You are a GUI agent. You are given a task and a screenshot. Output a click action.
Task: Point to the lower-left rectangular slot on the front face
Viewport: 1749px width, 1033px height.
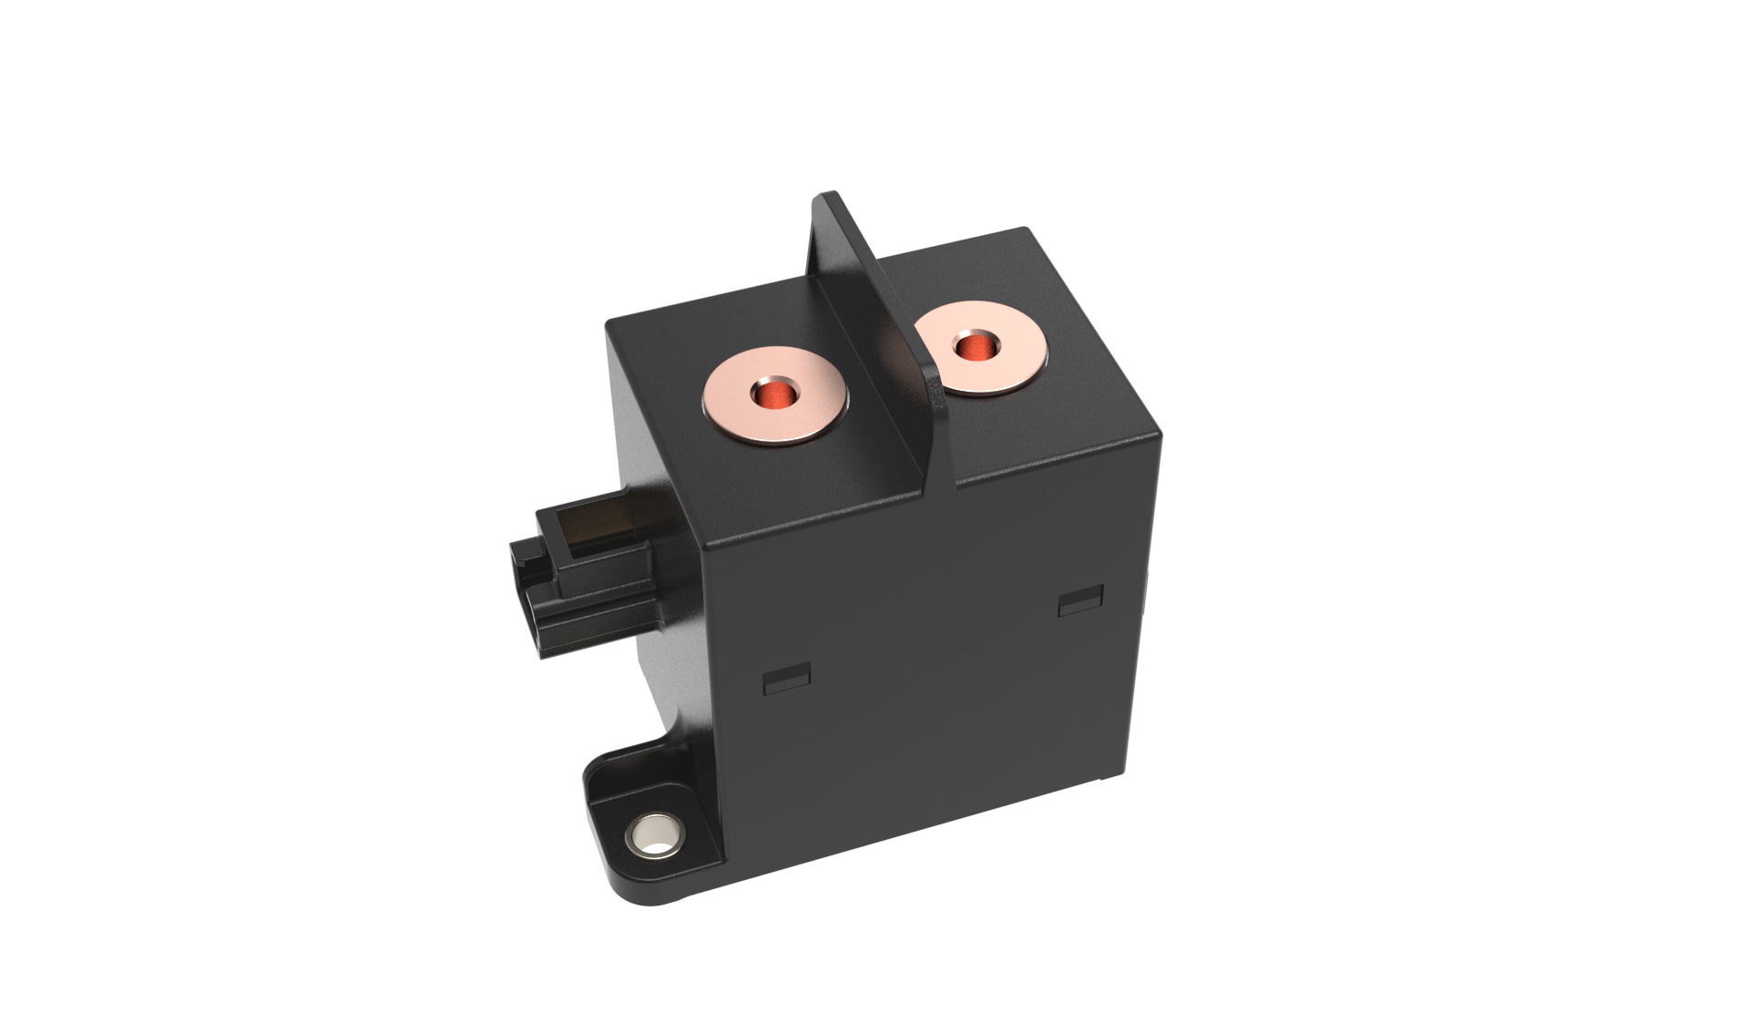click(x=786, y=680)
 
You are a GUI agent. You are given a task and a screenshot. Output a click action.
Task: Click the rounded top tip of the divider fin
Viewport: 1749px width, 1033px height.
click(x=827, y=196)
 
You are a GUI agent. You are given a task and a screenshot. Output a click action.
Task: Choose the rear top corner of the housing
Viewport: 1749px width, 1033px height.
click(x=1028, y=230)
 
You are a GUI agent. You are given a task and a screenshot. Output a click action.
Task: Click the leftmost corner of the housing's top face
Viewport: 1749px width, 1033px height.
click(x=609, y=322)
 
